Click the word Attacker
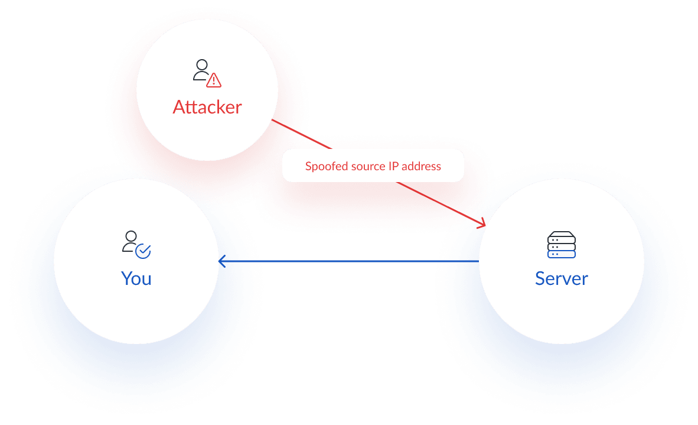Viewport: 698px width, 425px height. (207, 107)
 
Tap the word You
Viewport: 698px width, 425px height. (136, 278)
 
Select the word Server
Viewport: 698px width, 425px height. (561, 278)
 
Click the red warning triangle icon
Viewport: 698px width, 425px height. (213, 80)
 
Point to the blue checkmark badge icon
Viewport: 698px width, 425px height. (143, 251)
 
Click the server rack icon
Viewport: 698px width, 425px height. (561, 245)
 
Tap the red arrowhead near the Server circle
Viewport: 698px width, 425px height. (482, 224)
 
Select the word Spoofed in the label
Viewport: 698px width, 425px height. (325, 166)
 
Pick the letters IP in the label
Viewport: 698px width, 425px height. (393, 166)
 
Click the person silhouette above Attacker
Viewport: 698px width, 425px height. (201, 69)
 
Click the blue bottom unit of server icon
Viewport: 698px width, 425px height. (561, 254)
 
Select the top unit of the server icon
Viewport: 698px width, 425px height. (561, 235)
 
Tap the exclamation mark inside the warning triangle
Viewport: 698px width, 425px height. (213, 81)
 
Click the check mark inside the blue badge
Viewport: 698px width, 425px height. (143, 252)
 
